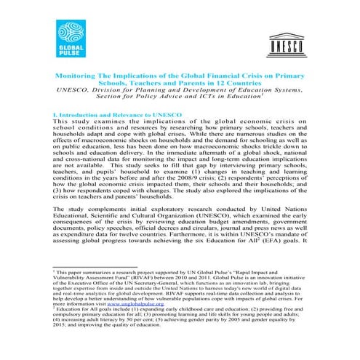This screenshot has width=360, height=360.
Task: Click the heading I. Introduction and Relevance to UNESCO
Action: click(x=114, y=115)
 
